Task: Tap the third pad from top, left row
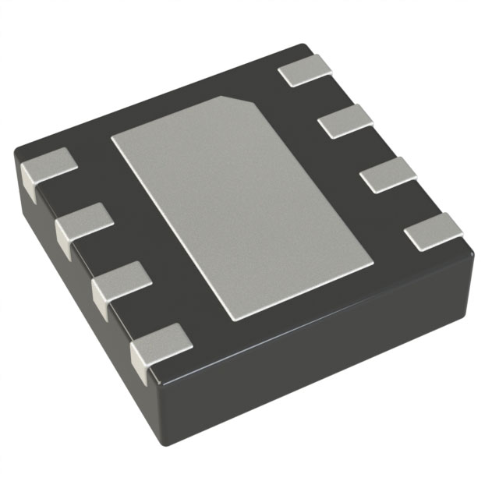click(122, 285)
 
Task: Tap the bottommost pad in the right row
click(434, 229)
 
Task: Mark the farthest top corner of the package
click(300, 45)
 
